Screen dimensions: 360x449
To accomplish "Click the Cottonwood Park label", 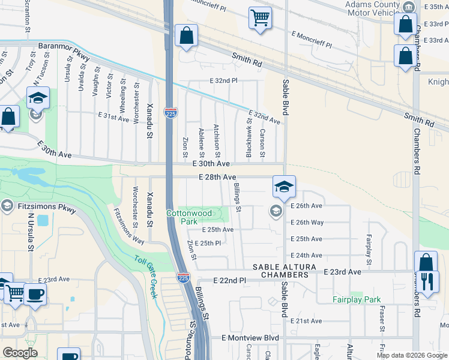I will pos(188,217).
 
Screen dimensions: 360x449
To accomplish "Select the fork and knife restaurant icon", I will pos(426,281).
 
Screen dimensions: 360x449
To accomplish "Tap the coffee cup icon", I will pos(35,295).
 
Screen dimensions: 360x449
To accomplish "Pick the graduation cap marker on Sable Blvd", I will pos(283,186).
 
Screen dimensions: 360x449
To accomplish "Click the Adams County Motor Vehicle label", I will pos(372,9).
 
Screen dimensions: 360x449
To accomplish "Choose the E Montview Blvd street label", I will pos(250,338).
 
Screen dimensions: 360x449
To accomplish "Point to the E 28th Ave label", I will pos(218,177).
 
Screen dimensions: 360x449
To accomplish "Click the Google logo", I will pos(20,353).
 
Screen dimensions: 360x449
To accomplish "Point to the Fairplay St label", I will pos(368,250).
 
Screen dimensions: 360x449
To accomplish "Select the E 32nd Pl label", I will pos(224,80).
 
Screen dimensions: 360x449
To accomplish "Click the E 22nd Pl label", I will pos(231,281).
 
